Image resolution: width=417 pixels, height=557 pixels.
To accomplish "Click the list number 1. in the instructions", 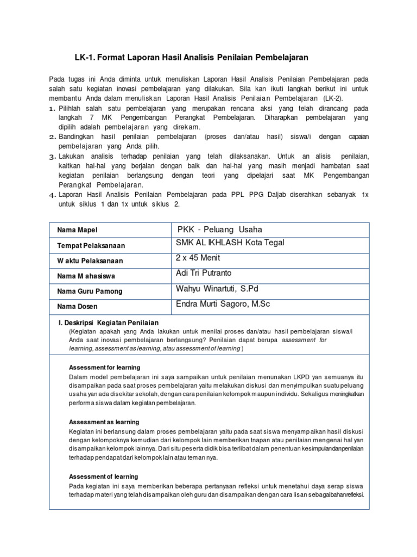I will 53,109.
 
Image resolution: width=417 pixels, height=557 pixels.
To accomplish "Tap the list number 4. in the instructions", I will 53,195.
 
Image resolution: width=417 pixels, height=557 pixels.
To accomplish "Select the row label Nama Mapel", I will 77,231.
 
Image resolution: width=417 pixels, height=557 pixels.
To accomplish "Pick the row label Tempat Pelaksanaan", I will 91,246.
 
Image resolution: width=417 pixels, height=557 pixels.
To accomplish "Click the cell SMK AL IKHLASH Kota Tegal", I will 230,243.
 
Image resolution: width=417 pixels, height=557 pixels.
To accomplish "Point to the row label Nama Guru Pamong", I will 90,292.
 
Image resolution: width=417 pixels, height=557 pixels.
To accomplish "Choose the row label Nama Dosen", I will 78,307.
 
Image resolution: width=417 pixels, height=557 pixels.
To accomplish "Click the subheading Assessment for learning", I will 104,367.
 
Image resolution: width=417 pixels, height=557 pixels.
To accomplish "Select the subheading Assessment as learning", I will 104,422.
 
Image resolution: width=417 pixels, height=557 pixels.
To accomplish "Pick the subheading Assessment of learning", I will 104,476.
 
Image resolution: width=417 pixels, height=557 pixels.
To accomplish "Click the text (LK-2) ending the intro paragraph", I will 332,98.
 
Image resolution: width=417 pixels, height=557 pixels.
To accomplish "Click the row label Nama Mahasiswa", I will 86,276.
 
